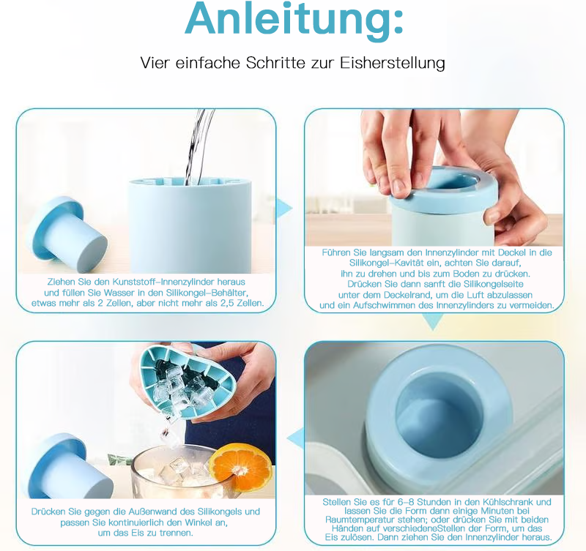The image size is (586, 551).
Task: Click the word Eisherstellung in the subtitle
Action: point(393,63)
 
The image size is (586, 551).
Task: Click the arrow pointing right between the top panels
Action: point(286,208)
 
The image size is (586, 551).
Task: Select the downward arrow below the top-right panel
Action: point(434,322)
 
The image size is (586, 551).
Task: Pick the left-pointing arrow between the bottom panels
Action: point(295,438)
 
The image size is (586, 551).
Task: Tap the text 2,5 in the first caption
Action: point(223,303)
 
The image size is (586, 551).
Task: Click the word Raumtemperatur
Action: point(357,520)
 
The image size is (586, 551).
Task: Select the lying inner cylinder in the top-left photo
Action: point(67,236)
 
